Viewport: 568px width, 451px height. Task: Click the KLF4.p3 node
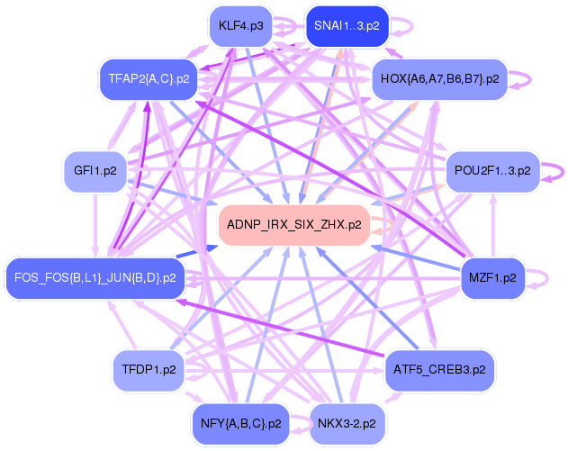[240, 26]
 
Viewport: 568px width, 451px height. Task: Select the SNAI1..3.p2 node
[347, 26]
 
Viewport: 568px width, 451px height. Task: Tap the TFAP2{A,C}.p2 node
[149, 79]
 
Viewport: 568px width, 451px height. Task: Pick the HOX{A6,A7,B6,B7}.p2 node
[439, 79]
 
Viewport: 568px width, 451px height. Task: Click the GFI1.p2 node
[95, 169]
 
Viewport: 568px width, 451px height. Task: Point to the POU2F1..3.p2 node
[492, 169]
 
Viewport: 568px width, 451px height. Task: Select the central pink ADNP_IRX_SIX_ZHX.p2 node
[293, 223]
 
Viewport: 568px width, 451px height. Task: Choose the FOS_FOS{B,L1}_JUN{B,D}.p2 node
[95, 277]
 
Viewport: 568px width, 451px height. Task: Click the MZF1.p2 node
[492, 277]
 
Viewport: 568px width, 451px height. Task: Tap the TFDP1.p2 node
[149, 369]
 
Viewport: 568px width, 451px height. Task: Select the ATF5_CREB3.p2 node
[439, 369]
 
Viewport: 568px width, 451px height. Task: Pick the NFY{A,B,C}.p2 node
[240, 422]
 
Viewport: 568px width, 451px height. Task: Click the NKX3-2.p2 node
[347, 422]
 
